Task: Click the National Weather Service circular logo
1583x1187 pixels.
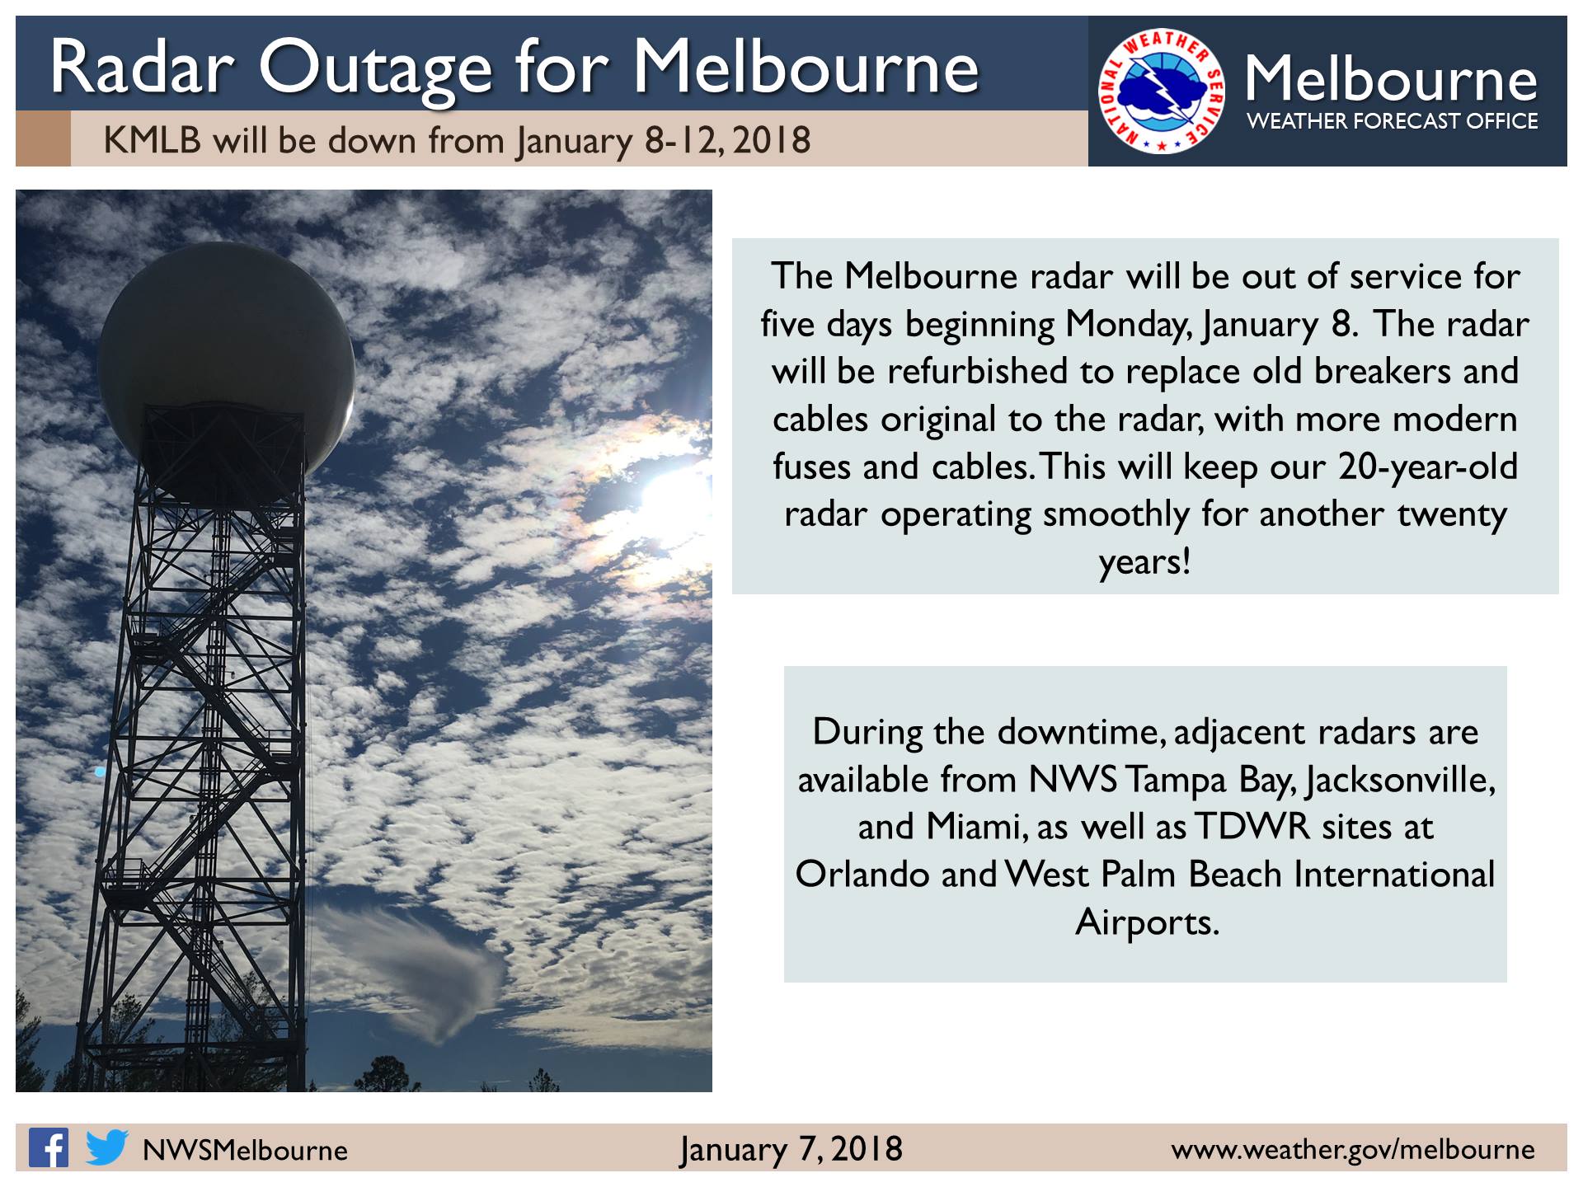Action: pyautogui.click(x=1162, y=91)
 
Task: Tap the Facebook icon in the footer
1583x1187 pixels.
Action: pyautogui.click(x=49, y=1147)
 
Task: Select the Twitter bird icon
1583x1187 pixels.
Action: pyautogui.click(x=106, y=1147)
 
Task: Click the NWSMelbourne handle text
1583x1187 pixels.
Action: pyautogui.click(x=245, y=1150)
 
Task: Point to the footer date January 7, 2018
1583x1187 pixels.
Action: pyautogui.click(x=791, y=1149)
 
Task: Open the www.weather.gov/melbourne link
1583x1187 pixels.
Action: pyautogui.click(x=1353, y=1150)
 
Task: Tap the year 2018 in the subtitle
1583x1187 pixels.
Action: pyautogui.click(x=771, y=141)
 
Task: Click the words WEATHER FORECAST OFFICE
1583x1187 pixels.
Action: pyautogui.click(x=1392, y=121)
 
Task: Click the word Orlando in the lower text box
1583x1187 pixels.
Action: pyautogui.click(x=862, y=875)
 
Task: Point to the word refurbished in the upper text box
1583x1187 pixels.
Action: pyautogui.click(x=978, y=371)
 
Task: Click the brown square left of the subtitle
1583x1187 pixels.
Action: pyautogui.click(x=43, y=138)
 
